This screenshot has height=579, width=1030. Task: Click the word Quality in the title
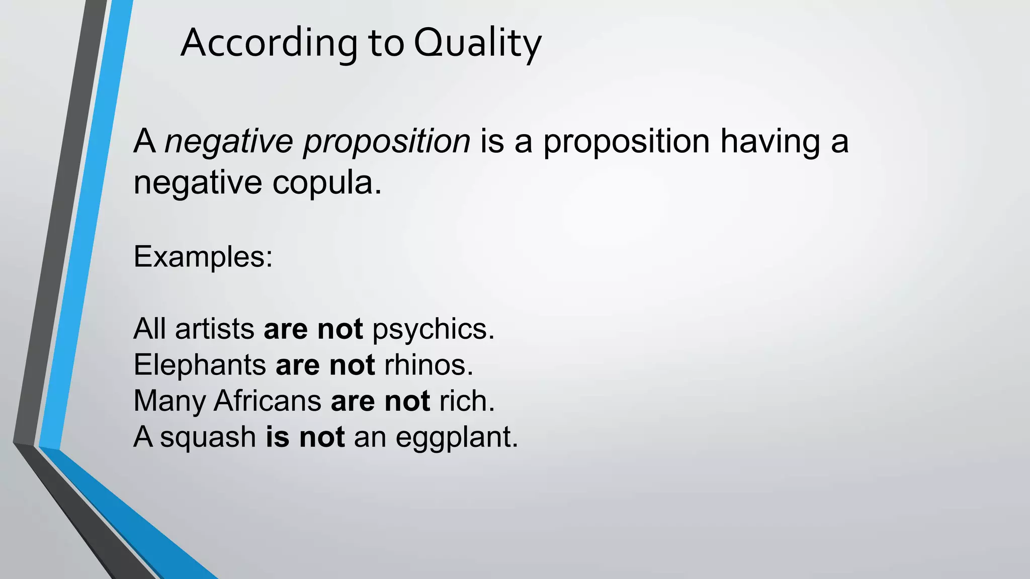pyautogui.click(x=477, y=44)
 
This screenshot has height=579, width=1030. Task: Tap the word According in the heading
pyautogui.click(x=269, y=44)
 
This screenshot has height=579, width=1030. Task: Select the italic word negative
pyautogui.click(x=229, y=141)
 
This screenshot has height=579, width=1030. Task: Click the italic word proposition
pyautogui.click(x=387, y=142)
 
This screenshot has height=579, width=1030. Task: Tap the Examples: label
pyautogui.click(x=203, y=257)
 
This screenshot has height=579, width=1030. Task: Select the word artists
pyautogui.click(x=215, y=329)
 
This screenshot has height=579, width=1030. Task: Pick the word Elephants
pyautogui.click(x=200, y=365)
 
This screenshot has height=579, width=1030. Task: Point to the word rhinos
pyautogui.click(x=428, y=365)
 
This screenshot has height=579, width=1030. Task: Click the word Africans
pyautogui.click(x=268, y=401)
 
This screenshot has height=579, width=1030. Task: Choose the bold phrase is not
pyautogui.click(x=305, y=437)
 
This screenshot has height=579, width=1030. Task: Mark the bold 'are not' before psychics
pyautogui.click(x=313, y=329)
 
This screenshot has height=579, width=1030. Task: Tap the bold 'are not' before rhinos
pyautogui.click(x=325, y=365)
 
